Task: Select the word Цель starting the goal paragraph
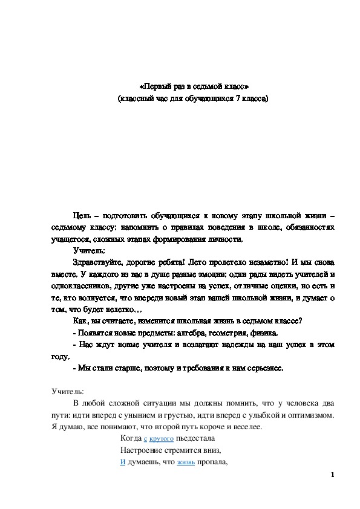tap(82, 216)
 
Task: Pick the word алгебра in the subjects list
tap(178, 332)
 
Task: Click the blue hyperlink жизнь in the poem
tap(185, 462)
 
